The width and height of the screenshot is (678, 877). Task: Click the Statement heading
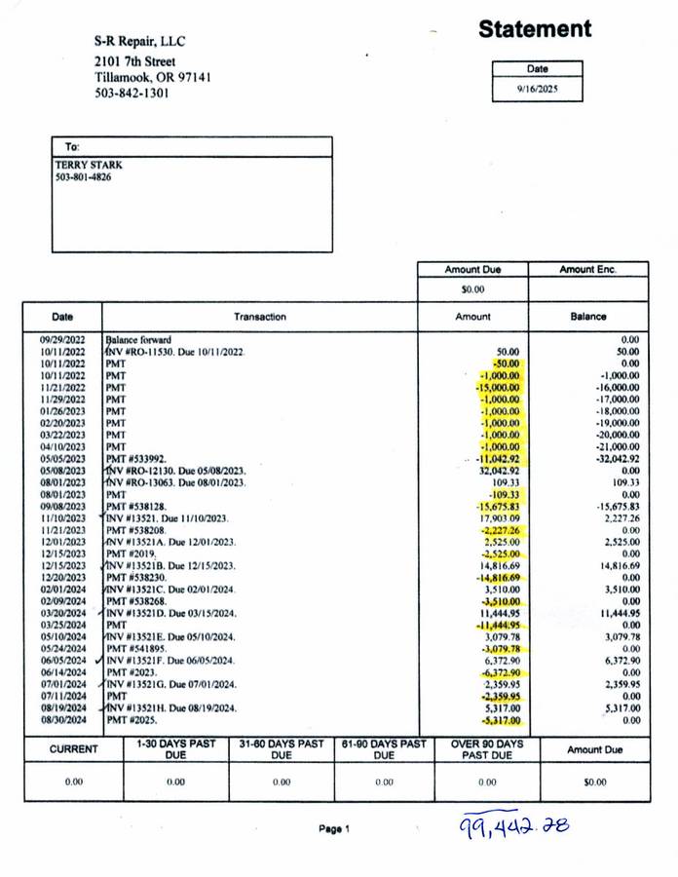pyautogui.click(x=534, y=29)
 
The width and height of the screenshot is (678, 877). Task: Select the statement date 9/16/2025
pyautogui.click(x=538, y=88)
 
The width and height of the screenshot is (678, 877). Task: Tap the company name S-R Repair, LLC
pyautogui.click(x=139, y=42)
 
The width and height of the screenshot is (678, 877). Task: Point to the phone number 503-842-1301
pyautogui.click(x=132, y=94)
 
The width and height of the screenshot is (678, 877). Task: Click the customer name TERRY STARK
pyautogui.click(x=89, y=165)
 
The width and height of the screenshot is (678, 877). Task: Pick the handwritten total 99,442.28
pyautogui.click(x=514, y=826)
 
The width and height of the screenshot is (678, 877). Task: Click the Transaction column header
pyautogui.click(x=259, y=317)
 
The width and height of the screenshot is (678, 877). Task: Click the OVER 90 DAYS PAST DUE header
pyautogui.click(x=487, y=749)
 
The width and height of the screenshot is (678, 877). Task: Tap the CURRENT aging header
pyautogui.click(x=74, y=749)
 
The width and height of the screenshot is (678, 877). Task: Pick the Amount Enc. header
pyautogui.click(x=588, y=269)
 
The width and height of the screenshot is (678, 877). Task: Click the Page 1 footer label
pyautogui.click(x=333, y=829)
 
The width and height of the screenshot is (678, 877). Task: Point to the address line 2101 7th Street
pyautogui.click(x=135, y=60)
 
